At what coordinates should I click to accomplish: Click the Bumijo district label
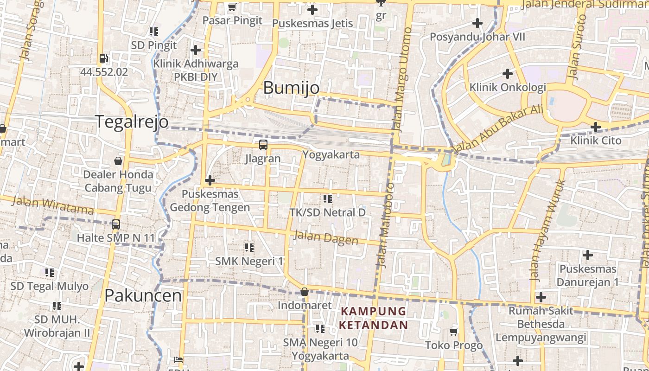pyautogui.click(x=291, y=88)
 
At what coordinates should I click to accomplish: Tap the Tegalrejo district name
pyautogui.click(x=132, y=121)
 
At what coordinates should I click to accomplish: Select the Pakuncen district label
pyautogui.click(x=143, y=295)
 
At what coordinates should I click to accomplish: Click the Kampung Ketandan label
pyautogui.click(x=373, y=318)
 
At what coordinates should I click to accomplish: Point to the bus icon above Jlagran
pyautogui.click(x=263, y=144)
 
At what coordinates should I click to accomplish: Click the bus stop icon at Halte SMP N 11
pyautogui.click(x=116, y=224)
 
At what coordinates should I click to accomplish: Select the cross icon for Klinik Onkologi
pyautogui.click(x=508, y=73)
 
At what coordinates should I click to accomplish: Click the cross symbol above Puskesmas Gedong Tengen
pyautogui.click(x=210, y=180)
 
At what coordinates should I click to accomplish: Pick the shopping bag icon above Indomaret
pyautogui.click(x=305, y=292)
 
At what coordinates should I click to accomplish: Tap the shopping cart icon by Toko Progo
pyautogui.click(x=454, y=332)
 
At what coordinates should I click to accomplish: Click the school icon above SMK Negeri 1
pyautogui.click(x=249, y=247)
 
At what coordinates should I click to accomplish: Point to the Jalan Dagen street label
pyautogui.click(x=326, y=238)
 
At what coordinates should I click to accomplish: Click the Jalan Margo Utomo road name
pyautogui.click(x=401, y=79)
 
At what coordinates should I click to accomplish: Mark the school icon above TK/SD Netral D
pyautogui.click(x=328, y=199)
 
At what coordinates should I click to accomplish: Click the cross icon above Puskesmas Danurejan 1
pyautogui.click(x=588, y=255)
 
